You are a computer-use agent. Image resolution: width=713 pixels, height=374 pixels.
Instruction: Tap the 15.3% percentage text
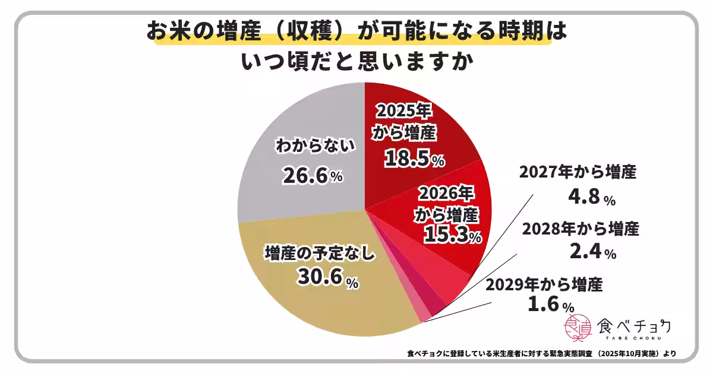coord(452,234)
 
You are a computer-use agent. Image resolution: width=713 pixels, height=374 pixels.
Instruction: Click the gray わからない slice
coord(297,131)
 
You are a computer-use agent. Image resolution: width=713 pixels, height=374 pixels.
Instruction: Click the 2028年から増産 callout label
coord(580,228)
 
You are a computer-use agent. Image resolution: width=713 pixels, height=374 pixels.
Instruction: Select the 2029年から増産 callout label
coord(544,284)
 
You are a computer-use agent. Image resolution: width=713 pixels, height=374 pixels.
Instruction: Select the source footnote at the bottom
coord(541,354)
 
